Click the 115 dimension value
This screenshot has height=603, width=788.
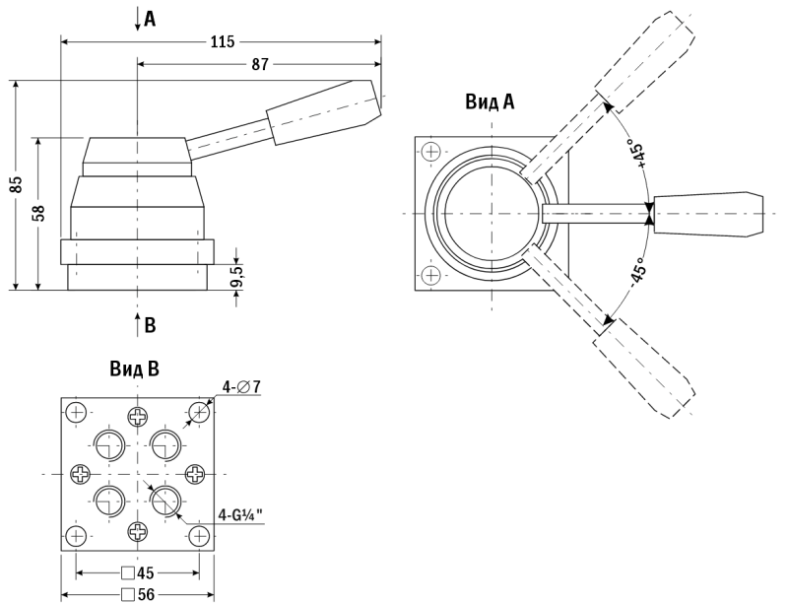[223, 41]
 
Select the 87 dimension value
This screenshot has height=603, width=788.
[260, 64]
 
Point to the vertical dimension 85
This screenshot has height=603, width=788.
[17, 184]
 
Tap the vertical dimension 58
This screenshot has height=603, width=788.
[39, 213]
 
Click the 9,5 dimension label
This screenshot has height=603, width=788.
[236, 276]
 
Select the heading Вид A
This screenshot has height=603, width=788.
[490, 102]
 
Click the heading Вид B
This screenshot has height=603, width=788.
[135, 369]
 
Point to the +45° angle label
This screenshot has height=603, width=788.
[638, 156]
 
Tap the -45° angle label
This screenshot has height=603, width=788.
[637, 272]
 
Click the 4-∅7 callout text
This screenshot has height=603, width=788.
[241, 387]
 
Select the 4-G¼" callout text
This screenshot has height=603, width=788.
[240, 515]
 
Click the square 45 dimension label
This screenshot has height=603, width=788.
[138, 572]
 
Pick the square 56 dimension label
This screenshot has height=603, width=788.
[138, 595]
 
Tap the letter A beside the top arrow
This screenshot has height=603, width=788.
[150, 19]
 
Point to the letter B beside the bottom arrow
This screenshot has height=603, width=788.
[150, 325]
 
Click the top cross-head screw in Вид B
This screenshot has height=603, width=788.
[138, 416]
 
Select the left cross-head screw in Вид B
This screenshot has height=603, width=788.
[80, 473]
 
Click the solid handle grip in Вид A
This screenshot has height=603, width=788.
[707, 214]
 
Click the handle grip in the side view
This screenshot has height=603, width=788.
[324, 112]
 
